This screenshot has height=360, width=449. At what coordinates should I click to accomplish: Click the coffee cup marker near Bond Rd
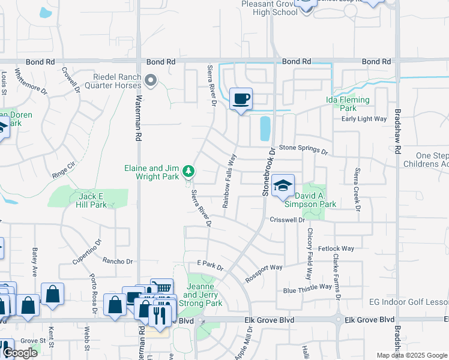pos(241,98)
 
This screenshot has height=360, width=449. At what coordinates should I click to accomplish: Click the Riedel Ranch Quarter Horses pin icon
pos(151,80)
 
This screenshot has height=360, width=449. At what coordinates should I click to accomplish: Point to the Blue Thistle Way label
pos(307,287)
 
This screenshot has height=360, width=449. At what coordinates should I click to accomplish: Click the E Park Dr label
pos(209,265)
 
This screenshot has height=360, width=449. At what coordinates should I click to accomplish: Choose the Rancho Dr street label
pos(117,261)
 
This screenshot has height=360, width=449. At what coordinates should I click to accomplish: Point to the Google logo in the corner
pos(20,353)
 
